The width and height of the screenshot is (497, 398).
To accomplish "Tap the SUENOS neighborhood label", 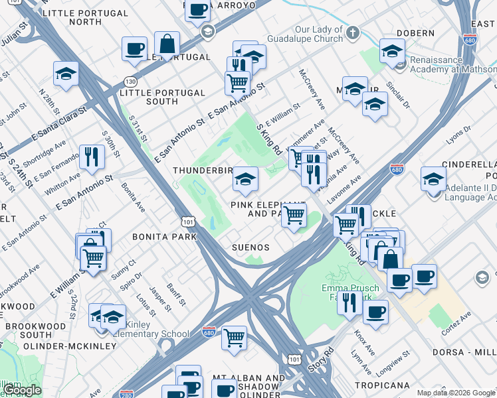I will [250, 247].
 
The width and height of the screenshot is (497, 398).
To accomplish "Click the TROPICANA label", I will [382, 385].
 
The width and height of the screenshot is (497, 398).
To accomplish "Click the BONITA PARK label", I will [164, 237].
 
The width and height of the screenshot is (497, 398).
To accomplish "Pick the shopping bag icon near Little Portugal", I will [167, 44].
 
